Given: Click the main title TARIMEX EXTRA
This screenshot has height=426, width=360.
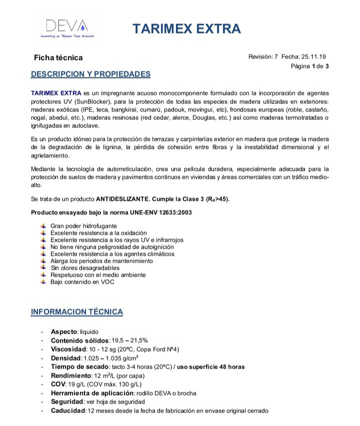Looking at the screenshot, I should pyautogui.click(x=186, y=28).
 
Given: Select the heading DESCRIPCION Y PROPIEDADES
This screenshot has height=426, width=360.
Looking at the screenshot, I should pyautogui.click(x=90, y=74).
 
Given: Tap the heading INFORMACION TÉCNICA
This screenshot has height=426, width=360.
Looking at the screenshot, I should pyautogui.click(x=76, y=312).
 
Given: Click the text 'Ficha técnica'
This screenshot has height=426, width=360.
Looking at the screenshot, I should pyautogui.click(x=58, y=58).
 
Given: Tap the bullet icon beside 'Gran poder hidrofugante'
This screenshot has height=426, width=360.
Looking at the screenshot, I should pyautogui.click(x=43, y=226).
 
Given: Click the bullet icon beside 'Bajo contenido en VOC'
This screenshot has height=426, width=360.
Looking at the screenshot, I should pyautogui.click(x=43, y=282).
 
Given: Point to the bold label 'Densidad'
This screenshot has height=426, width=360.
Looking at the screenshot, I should pyautogui.click(x=65, y=358).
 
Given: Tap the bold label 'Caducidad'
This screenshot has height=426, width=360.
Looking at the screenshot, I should pyautogui.click(x=68, y=411).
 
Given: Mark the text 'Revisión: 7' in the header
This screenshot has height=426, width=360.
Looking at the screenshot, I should pyautogui.click(x=263, y=57).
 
